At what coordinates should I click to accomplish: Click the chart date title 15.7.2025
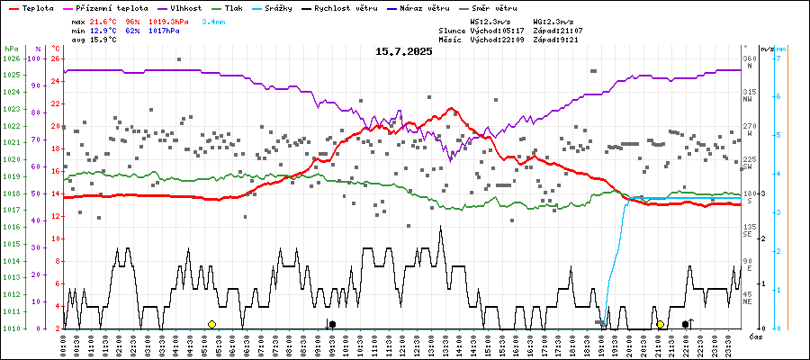point(404,51)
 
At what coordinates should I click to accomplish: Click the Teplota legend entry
point(38,7)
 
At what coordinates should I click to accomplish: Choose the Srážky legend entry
point(289,7)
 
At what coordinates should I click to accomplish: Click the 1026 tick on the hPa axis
point(11,58)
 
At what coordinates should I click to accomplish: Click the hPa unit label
point(11,48)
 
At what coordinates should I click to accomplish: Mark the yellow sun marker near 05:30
point(211,324)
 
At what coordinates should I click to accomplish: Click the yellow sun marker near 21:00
point(660,324)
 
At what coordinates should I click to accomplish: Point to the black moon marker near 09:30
point(332,324)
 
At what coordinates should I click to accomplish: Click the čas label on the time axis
point(757,336)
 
